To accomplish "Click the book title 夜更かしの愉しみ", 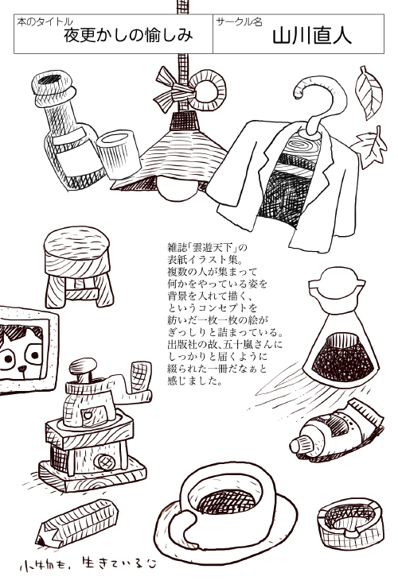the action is [128, 36].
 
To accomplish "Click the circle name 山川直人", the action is [311, 37].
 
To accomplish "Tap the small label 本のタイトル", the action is [45, 22].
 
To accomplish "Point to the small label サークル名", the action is [239, 22].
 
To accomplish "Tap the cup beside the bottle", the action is [118, 153].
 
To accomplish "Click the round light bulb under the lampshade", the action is [178, 189].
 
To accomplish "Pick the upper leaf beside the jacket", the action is [369, 93].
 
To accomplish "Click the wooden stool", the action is [78, 266].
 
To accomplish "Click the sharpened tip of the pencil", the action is [39, 542].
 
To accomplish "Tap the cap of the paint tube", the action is [297, 447].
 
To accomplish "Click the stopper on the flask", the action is [338, 280].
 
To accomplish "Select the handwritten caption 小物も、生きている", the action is [88, 564].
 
